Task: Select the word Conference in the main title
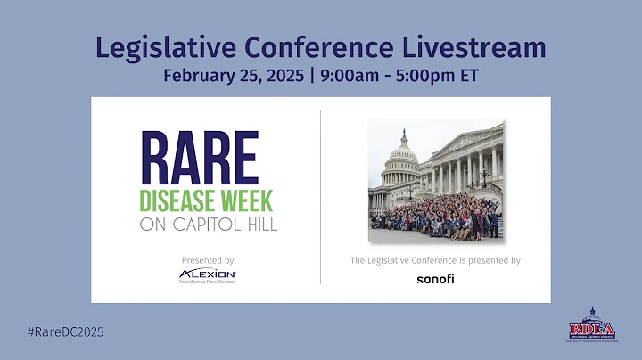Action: click(320, 46)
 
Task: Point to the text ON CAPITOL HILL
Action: click(209, 225)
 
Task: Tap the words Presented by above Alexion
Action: click(208, 260)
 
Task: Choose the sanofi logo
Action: click(435, 279)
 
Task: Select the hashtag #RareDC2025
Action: click(66, 331)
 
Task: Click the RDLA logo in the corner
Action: click(589, 326)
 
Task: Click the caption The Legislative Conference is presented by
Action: click(435, 260)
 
